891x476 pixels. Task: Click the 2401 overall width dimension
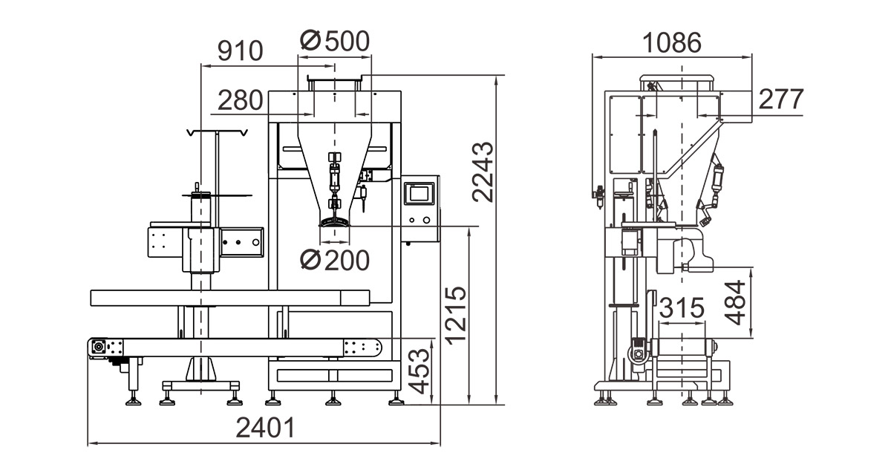click(x=265, y=428)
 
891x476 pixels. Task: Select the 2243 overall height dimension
click(x=483, y=172)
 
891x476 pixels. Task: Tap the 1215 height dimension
click(x=455, y=315)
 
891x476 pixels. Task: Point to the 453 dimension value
click(x=420, y=371)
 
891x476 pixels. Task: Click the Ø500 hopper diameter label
click(x=335, y=41)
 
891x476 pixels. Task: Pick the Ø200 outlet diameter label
click(x=335, y=261)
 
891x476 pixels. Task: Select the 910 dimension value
click(x=240, y=50)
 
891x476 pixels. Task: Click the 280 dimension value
click(x=240, y=100)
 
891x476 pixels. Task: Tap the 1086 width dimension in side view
click(x=672, y=42)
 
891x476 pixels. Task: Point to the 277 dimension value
click(x=781, y=99)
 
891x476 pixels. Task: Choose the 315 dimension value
click(x=682, y=307)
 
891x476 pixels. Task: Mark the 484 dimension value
click(x=734, y=303)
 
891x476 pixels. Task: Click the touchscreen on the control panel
click(x=420, y=194)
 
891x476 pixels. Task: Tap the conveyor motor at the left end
click(x=98, y=347)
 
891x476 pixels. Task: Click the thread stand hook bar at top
click(x=217, y=132)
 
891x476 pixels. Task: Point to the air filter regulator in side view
click(x=598, y=197)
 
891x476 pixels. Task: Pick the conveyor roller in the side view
click(x=682, y=347)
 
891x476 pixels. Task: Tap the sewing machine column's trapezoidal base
click(x=201, y=369)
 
